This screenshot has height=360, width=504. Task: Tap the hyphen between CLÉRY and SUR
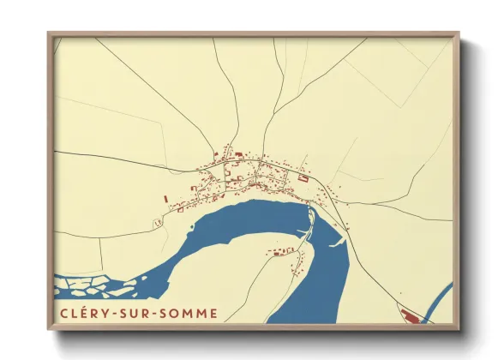[117, 314]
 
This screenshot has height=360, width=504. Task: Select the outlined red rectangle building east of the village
[303, 178]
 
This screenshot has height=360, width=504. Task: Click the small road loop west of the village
[159, 222]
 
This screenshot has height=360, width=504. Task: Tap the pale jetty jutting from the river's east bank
[337, 242]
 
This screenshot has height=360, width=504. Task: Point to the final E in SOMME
[212, 313]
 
